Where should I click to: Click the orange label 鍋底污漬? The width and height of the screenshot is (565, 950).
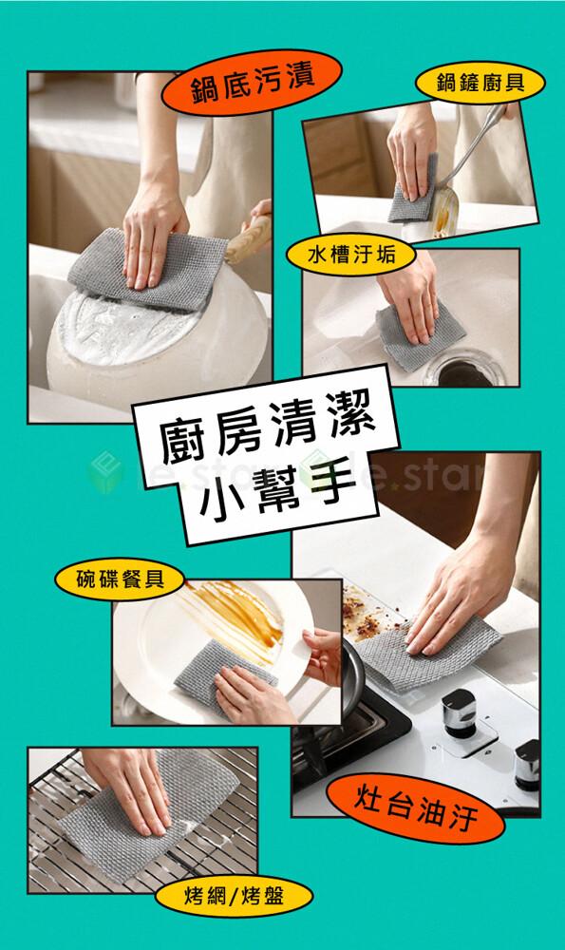[x=252, y=82]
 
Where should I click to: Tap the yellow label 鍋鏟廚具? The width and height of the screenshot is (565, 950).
[x=480, y=83]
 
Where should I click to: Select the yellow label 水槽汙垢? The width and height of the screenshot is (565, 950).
[x=351, y=256]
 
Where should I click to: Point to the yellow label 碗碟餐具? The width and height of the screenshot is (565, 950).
[x=120, y=579]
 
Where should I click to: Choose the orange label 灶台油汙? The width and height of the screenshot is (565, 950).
[x=415, y=807]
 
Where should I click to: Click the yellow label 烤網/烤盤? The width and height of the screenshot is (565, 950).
[x=234, y=896]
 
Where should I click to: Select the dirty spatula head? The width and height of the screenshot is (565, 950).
[x=445, y=211]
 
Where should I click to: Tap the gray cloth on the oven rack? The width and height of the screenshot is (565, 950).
[x=151, y=815]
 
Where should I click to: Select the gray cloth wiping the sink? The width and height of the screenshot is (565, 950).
[x=419, y=334]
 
